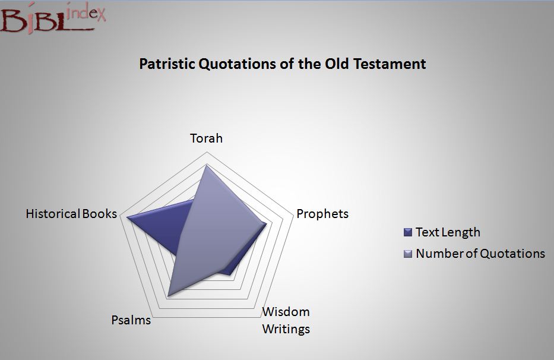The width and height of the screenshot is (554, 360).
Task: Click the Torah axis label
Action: tap(206, 138)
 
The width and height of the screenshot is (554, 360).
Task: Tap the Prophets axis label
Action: tap(322, 214)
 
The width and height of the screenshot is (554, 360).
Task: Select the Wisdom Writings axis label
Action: tap(286, 320)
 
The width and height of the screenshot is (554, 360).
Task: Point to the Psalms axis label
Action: tap(131, 320)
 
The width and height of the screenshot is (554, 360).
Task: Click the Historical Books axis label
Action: tap(71, 214)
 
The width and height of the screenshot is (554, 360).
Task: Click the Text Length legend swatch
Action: tap(408, 232)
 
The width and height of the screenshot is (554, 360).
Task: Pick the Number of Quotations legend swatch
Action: tap(408, 254)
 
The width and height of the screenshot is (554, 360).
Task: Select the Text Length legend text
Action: tap(448, 232)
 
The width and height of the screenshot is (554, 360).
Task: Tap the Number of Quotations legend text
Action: tap(480, 254)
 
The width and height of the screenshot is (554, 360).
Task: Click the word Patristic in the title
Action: tap(167, 64)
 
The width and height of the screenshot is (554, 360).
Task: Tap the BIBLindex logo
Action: tap(53, 18)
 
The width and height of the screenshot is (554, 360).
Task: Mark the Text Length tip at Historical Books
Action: tap(127, 218)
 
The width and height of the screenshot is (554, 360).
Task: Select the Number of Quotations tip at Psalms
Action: tap(169, 295)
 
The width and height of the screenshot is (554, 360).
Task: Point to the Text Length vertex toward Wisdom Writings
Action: tap(229, 274)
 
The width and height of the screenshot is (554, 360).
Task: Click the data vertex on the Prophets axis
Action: tap(266, 223)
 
